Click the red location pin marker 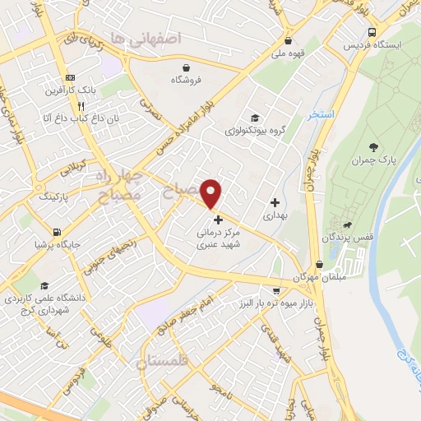click(x=212, y=193)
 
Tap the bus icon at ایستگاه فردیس click(x=372, y=32)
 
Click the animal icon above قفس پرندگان click(x=350, y=224)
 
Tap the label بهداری click(x=275, y=215)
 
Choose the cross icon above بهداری click(x=275, y=202)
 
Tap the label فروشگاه click(x=187, y=80)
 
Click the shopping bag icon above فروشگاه click(x=187, y=67)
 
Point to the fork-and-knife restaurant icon click(x=81, y=106)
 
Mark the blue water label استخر click(x=321, y=114)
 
